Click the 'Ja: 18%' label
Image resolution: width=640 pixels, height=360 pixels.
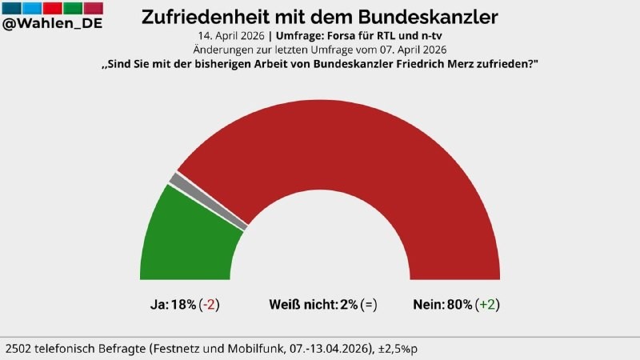tap(173, 304)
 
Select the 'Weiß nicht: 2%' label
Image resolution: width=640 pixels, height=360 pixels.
tap(313, 304)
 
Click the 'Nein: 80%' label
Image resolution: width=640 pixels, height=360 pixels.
tap(442, 304)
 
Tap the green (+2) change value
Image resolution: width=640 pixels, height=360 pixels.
tap(487, 304)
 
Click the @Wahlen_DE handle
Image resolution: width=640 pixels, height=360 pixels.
tap(52, 23)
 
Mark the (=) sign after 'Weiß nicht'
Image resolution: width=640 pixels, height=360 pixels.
tap(369, 304)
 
